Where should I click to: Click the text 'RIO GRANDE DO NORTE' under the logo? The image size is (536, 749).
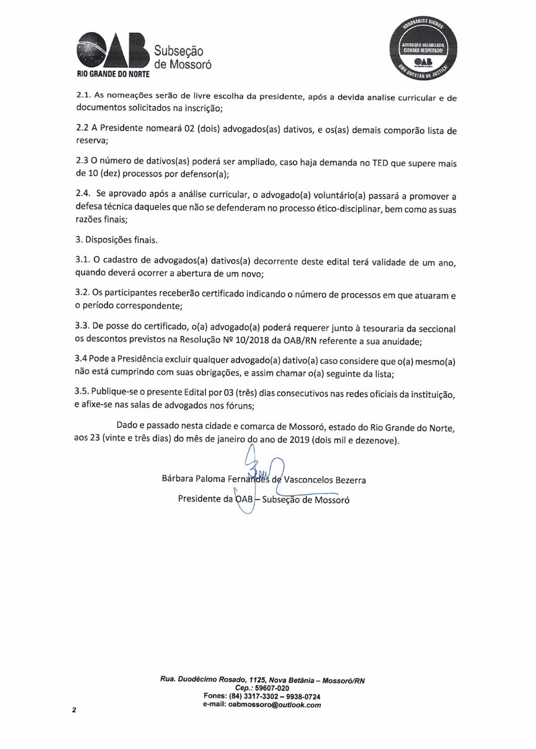point(114,75)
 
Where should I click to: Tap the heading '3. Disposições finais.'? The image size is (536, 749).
point(116,239)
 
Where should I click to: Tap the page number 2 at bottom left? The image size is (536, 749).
point(74,711)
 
